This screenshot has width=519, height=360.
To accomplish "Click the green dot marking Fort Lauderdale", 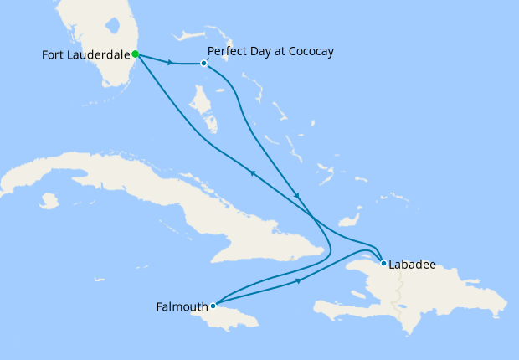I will (135, 54).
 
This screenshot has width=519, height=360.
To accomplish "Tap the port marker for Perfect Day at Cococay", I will (203, 63).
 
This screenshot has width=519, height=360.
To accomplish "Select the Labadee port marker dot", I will (383, 264).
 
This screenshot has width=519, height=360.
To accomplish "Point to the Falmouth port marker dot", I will (213, 306).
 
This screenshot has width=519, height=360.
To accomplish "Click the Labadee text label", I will (412, 264).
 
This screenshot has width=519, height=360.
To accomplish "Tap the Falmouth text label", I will (182, 306).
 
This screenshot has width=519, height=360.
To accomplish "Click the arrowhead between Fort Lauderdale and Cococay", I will (171, 62).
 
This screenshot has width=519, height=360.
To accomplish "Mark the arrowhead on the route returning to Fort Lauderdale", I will (251, 172).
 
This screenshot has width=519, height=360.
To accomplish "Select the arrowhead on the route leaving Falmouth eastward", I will (299, 281).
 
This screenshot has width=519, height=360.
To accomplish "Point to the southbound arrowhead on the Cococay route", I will (296, 195).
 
